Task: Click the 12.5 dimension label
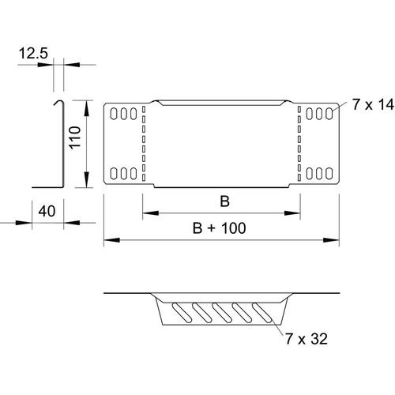pyautogui.click(x=33, y=53)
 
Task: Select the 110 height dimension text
pyautogui.click(x=75, y=137)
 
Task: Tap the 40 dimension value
pyautogui.click(x=47, y=211)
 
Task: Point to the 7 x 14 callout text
pyautogui.click(x=373, y=104)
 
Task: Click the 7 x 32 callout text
pyautogui.click(x=307, y=339)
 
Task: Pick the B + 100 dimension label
pyautogui.click(x=220, y=228)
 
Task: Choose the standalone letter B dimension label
pyautogui.click(x=224, y=201)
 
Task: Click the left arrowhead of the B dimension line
pyautogui.click(x=150, y=213)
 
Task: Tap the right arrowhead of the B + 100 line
pyautogui.click(x=331, y=240)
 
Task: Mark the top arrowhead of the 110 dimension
pyautogui.click(x=86, y=108)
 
